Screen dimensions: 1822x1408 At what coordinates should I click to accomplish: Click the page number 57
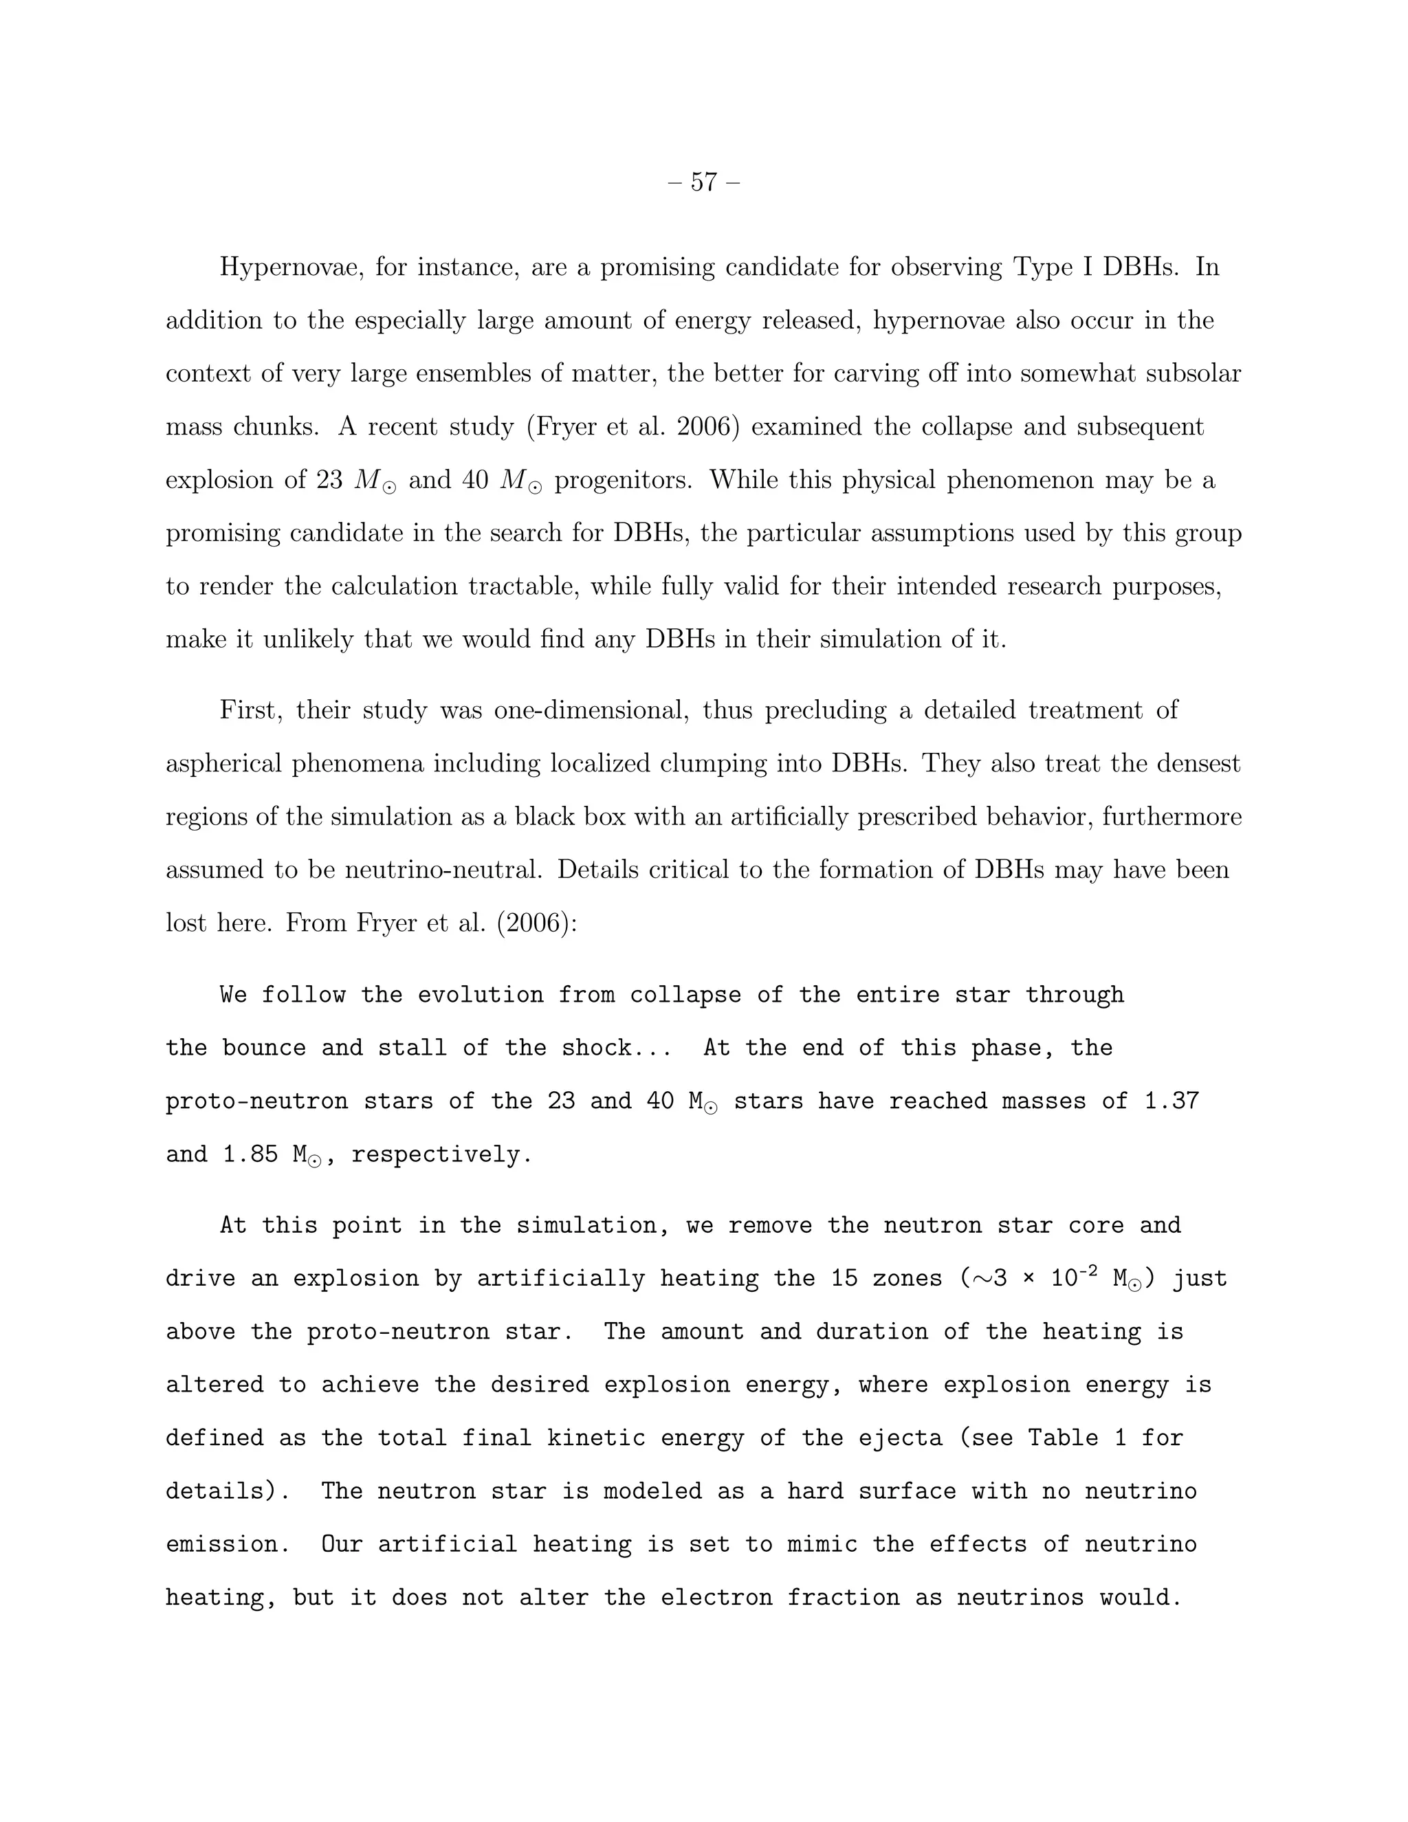pyautogui.click(x=704, y=182)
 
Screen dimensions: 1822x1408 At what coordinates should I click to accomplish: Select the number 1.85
pyautogui.click(x=250, y=1154)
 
